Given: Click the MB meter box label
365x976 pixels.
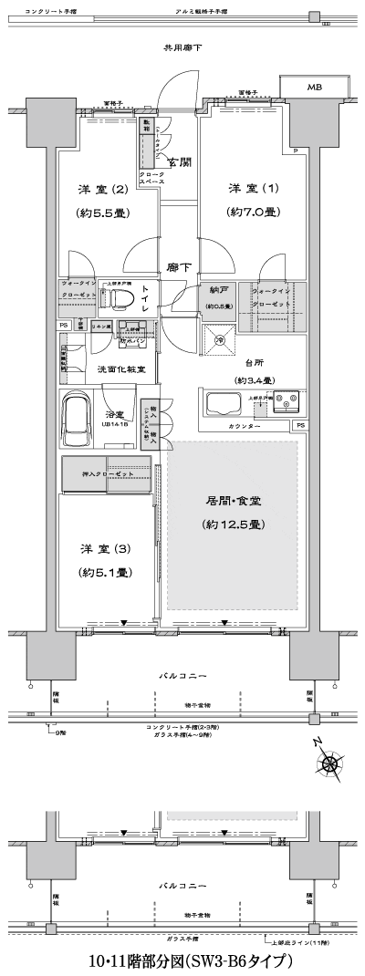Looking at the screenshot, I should point(314,88).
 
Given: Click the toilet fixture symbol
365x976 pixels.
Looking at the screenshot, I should point(124,298).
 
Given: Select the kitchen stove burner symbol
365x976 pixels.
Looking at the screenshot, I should point(290,400).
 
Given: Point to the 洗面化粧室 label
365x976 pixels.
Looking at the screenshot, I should point(116,370).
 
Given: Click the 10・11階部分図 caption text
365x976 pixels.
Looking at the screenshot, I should point(190,961).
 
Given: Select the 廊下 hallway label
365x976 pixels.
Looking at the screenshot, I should point(179,268).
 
